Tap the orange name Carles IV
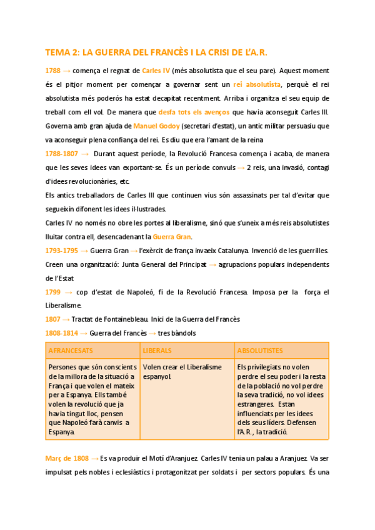(x=156, y=71)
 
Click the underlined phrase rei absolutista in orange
(x=256, y=84)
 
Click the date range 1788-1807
(x=62, y=153)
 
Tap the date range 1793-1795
(x=62, y=251)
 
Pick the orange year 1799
(x=52, y=292)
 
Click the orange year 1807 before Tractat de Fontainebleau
(x=52, y=319)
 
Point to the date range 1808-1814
(x=62, y=333)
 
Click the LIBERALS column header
(x=157, y=351)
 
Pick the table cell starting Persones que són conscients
(x=92, y=399)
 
